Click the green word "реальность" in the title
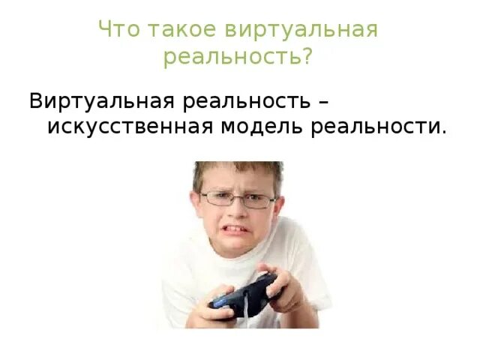coord(229,57)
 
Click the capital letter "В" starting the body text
coord(36,100)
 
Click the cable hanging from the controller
coord(244,311)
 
